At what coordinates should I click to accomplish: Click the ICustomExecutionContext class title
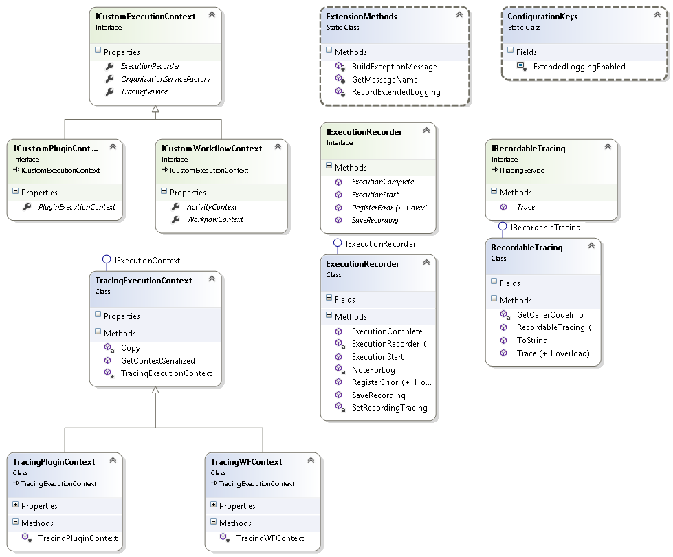point(145,16)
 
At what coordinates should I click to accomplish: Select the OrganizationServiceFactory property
point(165,79)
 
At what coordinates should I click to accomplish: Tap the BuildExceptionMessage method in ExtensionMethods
point(394,67)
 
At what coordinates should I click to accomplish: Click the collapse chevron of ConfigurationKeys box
point(654,14)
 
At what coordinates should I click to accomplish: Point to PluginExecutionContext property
point(76,206)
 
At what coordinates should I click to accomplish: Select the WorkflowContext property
point(214,219)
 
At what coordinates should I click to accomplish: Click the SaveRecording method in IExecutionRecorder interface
point(375,220)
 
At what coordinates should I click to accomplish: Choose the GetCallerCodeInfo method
point(549,314)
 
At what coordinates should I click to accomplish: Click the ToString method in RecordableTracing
point(531,340)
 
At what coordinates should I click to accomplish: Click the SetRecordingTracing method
point(389,407)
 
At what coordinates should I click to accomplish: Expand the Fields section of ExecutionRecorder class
point(329,299)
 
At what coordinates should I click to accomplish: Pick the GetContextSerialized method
point(157,360)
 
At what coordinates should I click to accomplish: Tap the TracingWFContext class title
point(246,462)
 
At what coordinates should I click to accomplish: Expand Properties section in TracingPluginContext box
point(15,505)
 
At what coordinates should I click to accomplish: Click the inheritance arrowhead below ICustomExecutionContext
point(155,110)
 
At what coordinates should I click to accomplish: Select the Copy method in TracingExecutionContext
point(130,348)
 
